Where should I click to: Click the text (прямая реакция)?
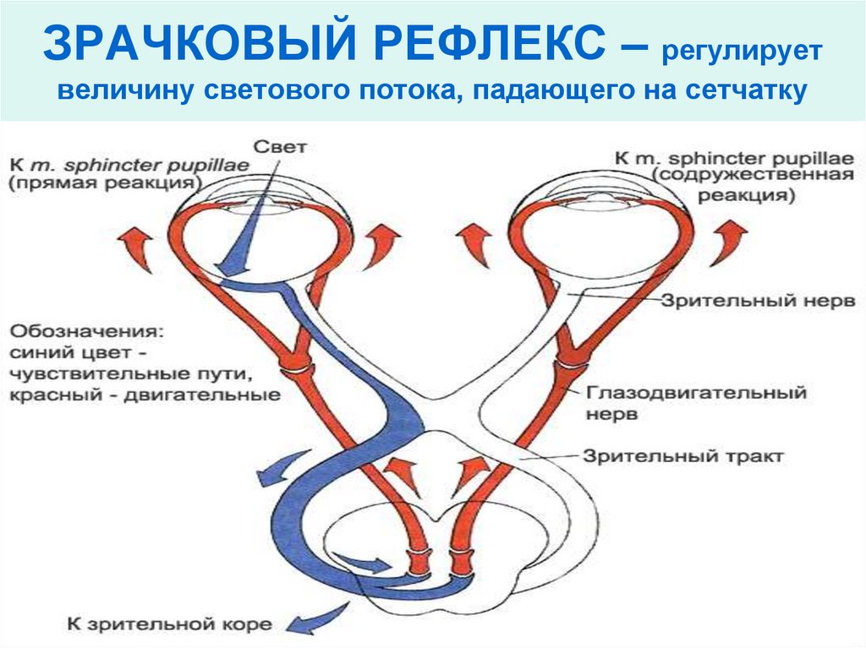coord(106,182)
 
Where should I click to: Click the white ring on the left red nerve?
coord(298,370)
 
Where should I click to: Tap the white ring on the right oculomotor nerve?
coord(573,362)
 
